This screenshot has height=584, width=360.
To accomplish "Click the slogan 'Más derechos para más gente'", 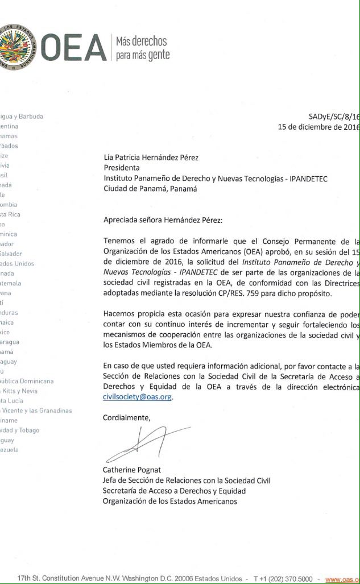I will (x=142, y=48).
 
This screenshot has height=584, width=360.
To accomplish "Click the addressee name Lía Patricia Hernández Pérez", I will (x=151, y=158).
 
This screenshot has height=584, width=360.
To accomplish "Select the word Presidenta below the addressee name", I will (x=121, y=168).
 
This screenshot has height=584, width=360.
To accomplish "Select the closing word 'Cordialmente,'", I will (x=127, y=418).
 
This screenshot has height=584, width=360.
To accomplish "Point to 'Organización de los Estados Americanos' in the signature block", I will (x=169, y=501).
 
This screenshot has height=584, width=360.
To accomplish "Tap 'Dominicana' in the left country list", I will (x=35, y=381).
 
